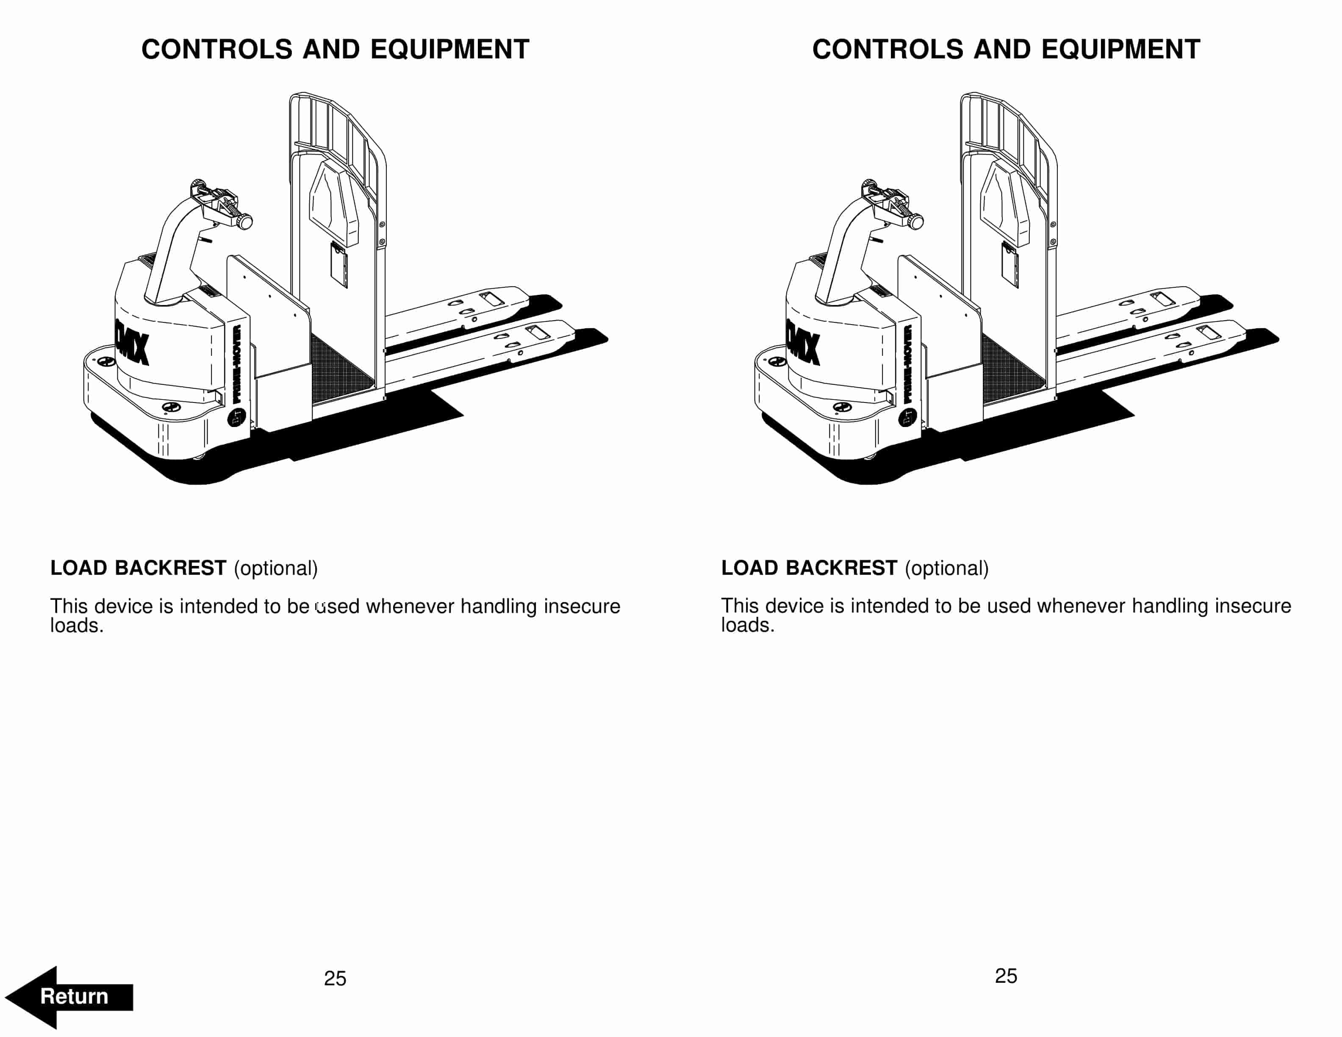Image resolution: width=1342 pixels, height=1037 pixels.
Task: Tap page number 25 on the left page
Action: point(335,978)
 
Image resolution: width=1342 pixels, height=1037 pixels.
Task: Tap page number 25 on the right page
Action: point(1006,976)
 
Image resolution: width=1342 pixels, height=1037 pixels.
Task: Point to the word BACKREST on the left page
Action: point(170,568)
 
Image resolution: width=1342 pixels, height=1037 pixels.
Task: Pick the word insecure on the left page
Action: point(582,606)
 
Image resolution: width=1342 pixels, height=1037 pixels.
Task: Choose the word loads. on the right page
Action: point(747,625)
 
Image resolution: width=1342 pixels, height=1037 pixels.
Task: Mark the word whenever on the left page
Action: point(410,606)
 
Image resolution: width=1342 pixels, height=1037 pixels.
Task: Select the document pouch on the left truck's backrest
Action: point(339,266)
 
